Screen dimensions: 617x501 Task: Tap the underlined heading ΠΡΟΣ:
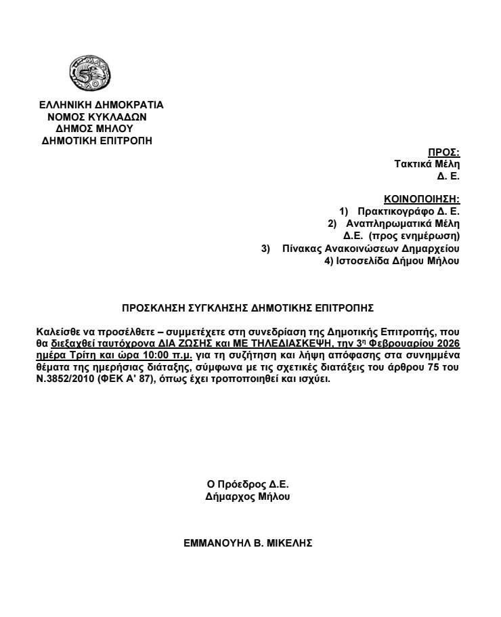coord(444,152)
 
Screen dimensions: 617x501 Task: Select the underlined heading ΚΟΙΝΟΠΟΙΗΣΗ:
coord(422,199)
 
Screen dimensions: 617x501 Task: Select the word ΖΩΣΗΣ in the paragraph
coord(174,343)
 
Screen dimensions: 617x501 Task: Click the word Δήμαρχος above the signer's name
coord(227,496)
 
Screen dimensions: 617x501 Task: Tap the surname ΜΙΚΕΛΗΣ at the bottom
coord(288,543)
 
